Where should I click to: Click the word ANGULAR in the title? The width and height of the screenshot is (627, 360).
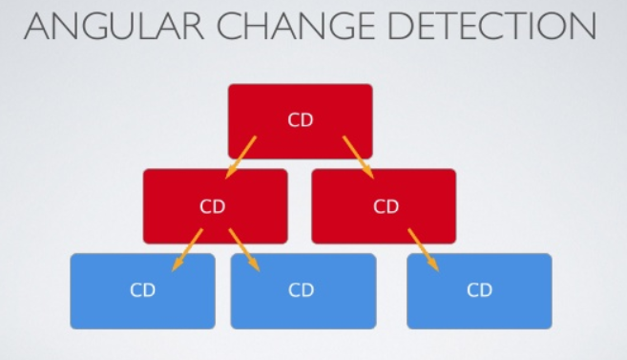[x=110, y=28]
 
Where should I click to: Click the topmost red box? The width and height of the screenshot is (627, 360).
[x=300, y=105]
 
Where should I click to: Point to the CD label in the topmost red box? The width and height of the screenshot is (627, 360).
[x=301, y=120]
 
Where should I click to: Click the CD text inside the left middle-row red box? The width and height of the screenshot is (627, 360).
[x=213, y=205]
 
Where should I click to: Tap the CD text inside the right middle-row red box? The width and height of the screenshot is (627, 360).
[x=386, y=205]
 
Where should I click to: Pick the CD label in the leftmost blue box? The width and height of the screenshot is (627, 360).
[x=143, y=290]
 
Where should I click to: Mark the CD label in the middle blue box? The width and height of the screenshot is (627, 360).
[x=302, y=290]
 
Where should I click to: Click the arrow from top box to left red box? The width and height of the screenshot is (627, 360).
[x=241, y=157]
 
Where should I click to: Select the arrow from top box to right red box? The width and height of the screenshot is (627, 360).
[x=358, y=157]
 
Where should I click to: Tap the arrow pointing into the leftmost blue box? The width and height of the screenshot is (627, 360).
[x=189, y=249]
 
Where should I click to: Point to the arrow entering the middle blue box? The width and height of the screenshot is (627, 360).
[x=242, y=249]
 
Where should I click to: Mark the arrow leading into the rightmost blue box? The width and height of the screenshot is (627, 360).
[x=425, y=249]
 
